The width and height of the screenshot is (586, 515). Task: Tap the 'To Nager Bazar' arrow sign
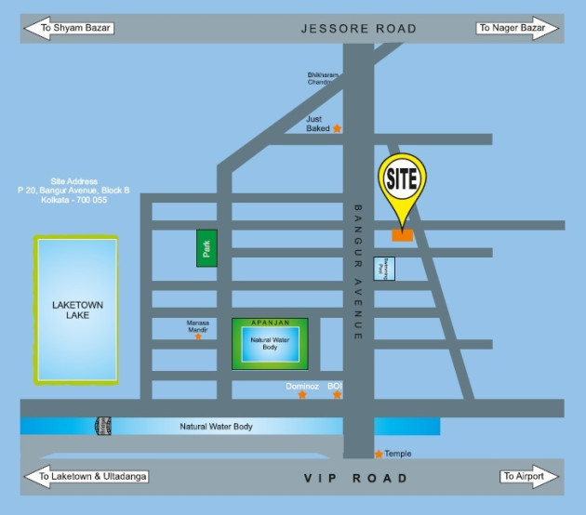517,28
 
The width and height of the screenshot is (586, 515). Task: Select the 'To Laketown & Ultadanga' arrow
85,478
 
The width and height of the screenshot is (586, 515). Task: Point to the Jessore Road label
358,29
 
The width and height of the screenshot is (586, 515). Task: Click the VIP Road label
356,478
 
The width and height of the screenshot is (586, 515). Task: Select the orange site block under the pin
402,235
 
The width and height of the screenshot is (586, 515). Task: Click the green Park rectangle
206,248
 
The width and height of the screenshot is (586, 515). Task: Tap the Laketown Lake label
77,310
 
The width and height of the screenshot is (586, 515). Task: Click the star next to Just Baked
337,128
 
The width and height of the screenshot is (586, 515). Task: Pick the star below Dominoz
301,395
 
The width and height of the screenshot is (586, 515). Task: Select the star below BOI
337,395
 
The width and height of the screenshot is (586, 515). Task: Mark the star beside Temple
379,454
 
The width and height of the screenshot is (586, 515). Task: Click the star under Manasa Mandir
198,336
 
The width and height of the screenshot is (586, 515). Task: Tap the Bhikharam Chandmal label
322,78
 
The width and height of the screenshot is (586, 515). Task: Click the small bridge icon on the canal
103,426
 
